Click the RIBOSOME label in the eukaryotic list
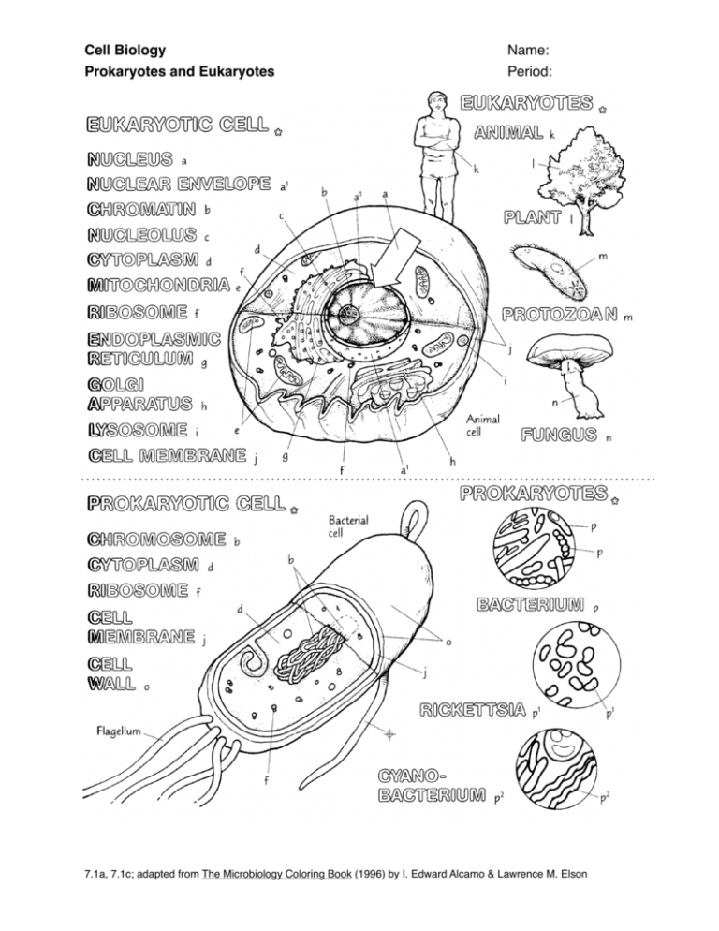(x=136, y=311)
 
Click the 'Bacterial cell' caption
(x=350, y=525)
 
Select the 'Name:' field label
(x=527, y=50)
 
